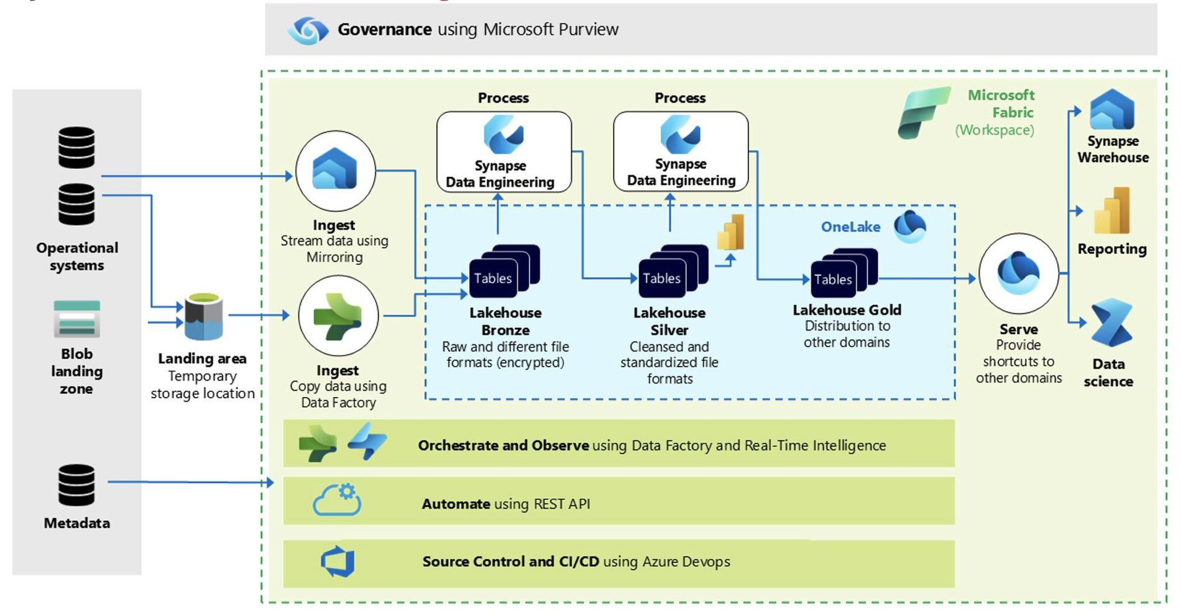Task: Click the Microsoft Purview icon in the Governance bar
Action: coord(308,29)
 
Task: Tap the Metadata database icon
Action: coord(76,485)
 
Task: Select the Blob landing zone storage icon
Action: coord(76,319)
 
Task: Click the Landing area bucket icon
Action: coord(203,316)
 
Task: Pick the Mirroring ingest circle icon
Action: coord(335,171)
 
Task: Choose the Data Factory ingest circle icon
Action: coord(338,316)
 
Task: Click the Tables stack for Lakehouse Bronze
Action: coord(504,271)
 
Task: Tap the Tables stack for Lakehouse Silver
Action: coord(673,271)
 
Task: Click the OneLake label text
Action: coord(850,227)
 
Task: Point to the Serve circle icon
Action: coord(1018,273)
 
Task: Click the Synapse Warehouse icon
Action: coord(1112,109)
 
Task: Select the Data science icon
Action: coord(1111,322)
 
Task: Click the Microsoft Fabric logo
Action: coord(924,112)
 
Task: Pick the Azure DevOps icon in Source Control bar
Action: coord(338,562)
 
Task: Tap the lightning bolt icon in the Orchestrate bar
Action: coord(367,442)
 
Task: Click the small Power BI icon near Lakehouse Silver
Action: coord(731,232)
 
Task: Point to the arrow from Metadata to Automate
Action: coord(191,482)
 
